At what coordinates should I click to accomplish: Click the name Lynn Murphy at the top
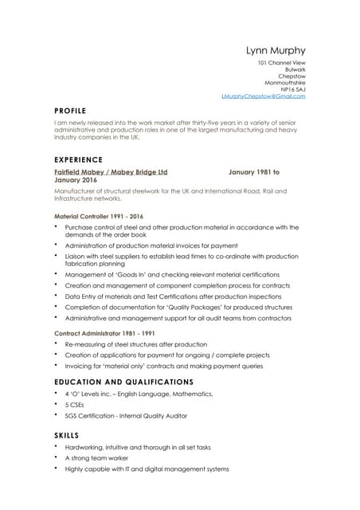click(276, 50)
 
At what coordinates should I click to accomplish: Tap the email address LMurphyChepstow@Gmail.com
click(263, 96)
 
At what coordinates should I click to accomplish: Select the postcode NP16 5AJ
click(291, 89)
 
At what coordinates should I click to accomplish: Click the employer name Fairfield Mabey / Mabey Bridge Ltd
click(111, 171)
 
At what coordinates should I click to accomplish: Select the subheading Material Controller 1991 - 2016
click(99, 216)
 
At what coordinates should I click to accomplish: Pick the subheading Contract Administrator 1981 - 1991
click(104, 333)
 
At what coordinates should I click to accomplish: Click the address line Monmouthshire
click(284, 82)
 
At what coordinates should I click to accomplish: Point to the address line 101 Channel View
click(281, 61)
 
